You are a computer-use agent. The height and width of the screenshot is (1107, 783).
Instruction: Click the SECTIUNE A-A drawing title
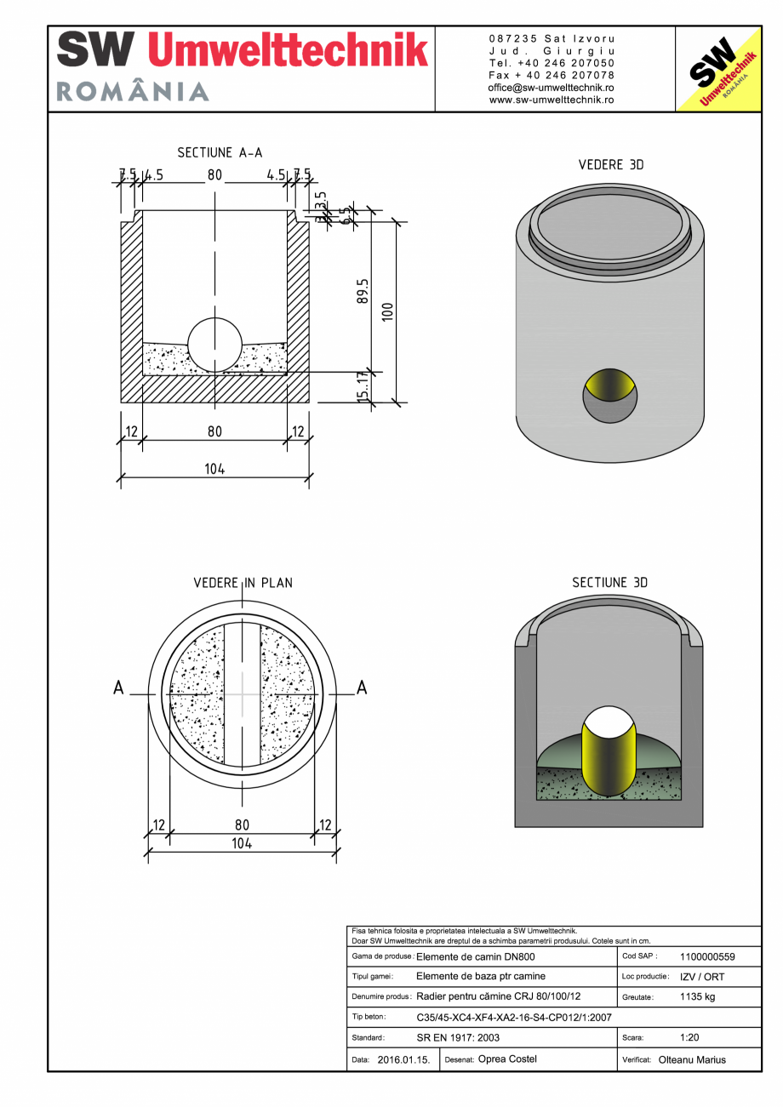click(220, 152)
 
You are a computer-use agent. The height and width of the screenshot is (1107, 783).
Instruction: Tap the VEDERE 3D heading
click(610, 165)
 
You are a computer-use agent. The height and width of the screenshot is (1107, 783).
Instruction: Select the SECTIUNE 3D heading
click(609, 583)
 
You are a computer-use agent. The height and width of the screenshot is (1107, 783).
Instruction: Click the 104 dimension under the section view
click(214, 469)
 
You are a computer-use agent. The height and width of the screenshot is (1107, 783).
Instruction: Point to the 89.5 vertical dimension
click(363, 291)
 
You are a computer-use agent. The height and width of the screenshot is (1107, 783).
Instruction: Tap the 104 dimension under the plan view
click(242, 843)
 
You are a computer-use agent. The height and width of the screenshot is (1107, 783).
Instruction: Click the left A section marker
click(119, 688)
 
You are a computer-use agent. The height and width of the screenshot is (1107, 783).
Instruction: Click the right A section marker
click(362, 688)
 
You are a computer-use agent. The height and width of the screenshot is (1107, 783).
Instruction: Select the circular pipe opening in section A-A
click(214, 345)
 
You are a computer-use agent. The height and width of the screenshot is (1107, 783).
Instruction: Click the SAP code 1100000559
click(707, 956)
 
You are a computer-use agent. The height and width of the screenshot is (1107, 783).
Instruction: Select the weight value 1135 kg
click(697, 996)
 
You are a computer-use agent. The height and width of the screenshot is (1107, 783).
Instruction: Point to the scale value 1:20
click(690, 1038)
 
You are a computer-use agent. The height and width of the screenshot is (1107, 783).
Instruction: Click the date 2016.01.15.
click(403, 1060)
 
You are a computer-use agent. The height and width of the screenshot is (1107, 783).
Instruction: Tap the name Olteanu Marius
click(692, 1060)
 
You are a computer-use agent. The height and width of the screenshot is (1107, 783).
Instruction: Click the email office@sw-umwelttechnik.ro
click(552, 88)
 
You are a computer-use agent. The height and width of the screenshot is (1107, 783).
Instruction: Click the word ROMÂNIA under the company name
click(133, 91)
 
